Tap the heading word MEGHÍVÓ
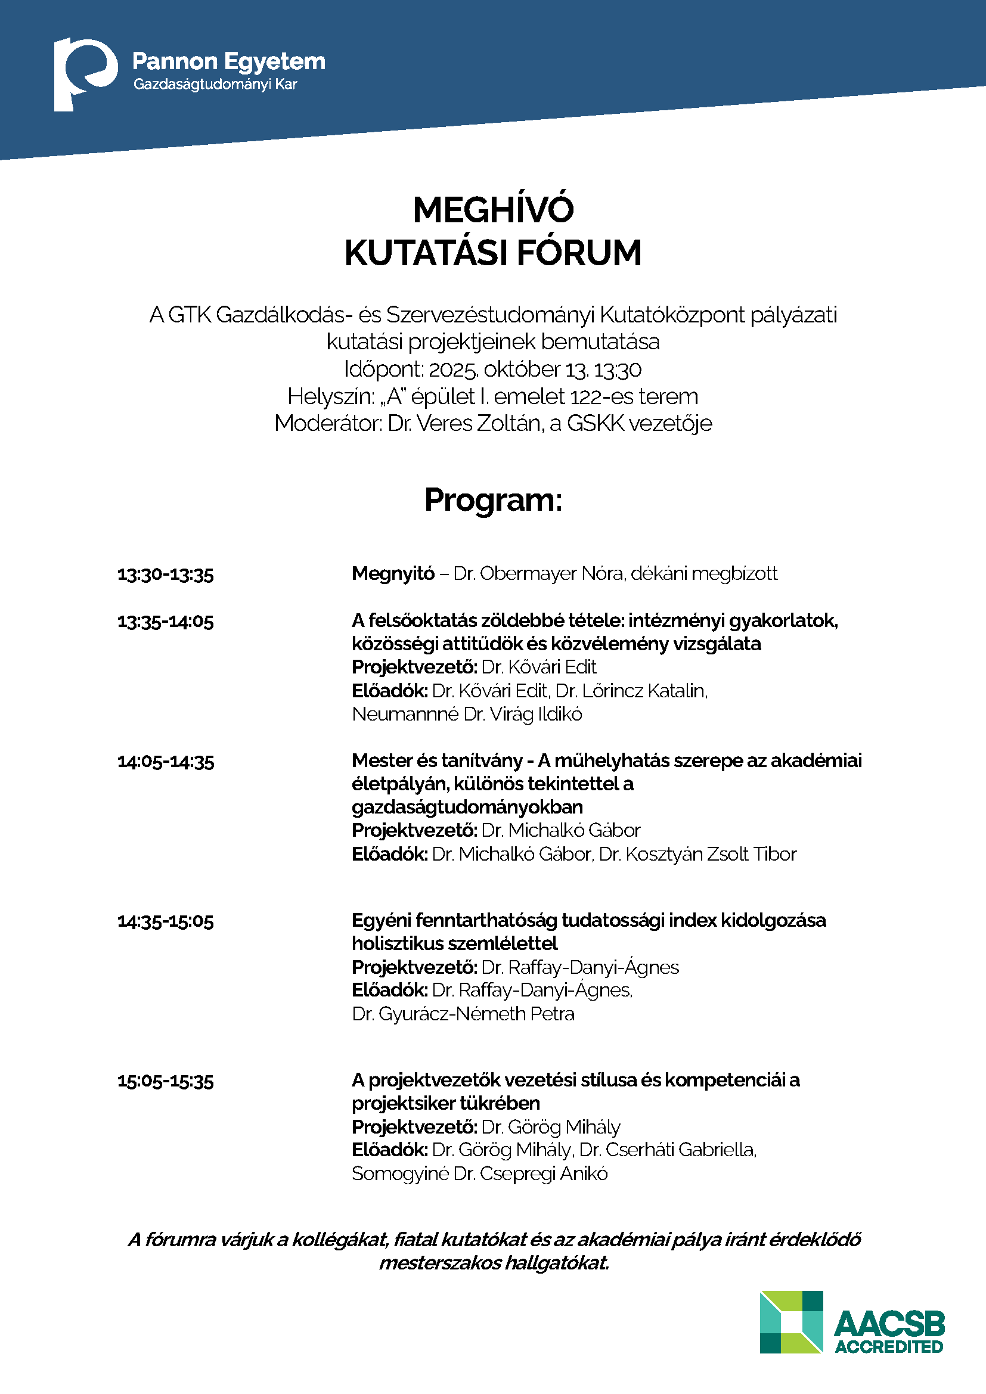coord(493,210)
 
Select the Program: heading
coord(493,500)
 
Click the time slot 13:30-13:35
coord(166,575)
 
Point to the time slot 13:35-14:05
coord(166,622)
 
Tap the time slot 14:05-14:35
coord(166,761)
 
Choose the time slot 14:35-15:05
coord(166,921)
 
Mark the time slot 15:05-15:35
coord(166,1081)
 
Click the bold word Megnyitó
coord(393,574)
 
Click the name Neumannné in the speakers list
coord(405,715)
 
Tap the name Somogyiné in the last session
coord(400,1174)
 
